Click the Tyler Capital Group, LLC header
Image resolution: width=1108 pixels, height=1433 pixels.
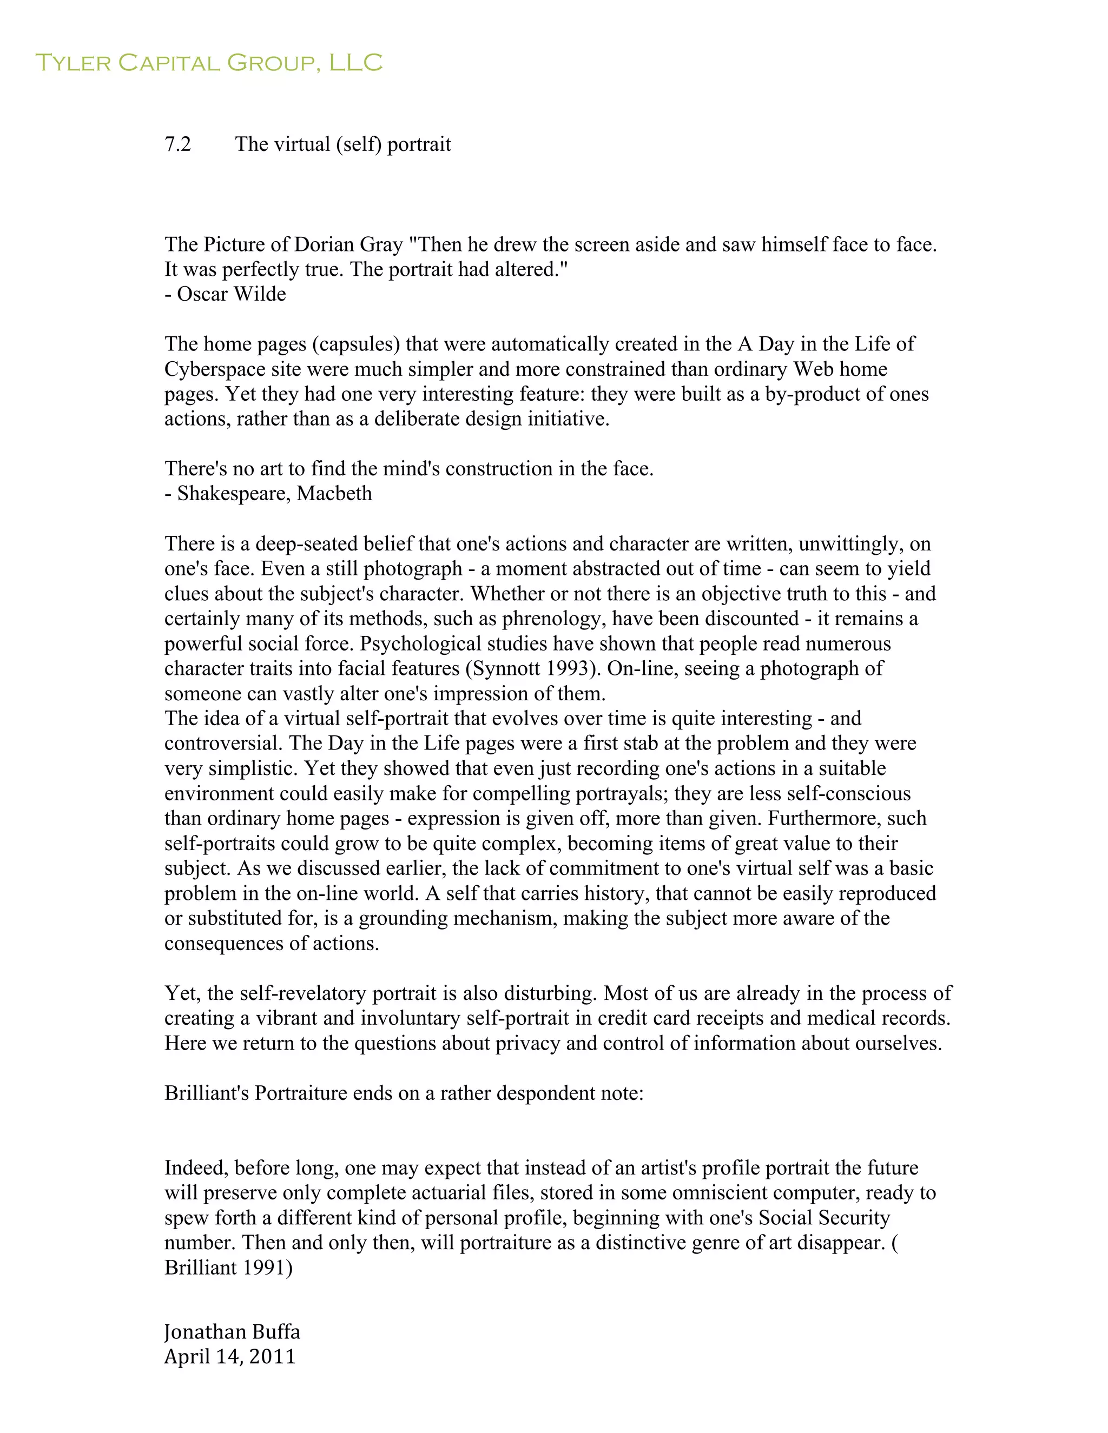click(x=209, y=63)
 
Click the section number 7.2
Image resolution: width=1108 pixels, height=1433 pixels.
click(x=177, y=144)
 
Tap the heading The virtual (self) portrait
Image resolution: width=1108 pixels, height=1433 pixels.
click(x=342, y=144)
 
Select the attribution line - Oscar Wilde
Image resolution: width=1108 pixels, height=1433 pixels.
click(x=225, y=294)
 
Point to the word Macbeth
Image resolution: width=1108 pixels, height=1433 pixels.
click(x=334, y=493)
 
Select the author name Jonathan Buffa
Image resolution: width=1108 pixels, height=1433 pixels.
click(x=232, y=1332)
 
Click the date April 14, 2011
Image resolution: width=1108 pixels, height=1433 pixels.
click(x=230, y=1357)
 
